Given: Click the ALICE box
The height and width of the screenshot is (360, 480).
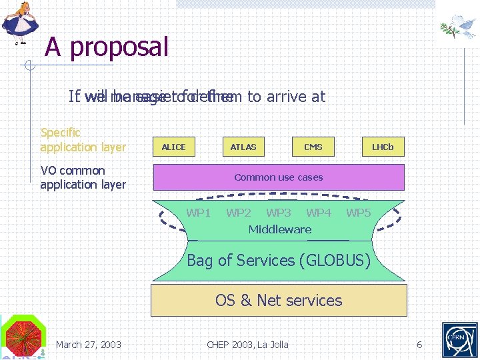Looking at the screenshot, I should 174,147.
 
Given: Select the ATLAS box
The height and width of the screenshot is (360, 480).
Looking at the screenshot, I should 243,147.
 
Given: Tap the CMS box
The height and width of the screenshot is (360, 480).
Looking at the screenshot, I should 313,147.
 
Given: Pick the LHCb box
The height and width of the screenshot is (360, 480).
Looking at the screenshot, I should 383,147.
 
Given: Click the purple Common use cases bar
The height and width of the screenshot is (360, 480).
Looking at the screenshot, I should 279,177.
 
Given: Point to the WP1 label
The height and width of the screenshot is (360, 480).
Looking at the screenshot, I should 199,213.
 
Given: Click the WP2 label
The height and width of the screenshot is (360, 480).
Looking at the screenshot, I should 239,213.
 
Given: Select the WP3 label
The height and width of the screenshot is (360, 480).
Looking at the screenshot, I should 279,213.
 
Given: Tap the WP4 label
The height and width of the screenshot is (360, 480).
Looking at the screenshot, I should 319,213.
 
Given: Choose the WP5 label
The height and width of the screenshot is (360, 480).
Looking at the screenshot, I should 359,213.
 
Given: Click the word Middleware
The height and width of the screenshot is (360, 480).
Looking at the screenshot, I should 280,229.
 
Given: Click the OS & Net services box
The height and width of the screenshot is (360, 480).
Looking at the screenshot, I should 279,300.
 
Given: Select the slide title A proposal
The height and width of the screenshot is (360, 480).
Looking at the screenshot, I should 107,47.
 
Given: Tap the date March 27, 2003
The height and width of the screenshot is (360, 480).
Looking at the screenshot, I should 89,345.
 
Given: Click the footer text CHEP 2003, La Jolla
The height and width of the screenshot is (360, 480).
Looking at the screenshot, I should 248,345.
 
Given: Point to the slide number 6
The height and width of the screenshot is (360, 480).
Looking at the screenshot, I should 419,345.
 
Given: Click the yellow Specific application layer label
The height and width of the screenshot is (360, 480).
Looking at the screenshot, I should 83,140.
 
